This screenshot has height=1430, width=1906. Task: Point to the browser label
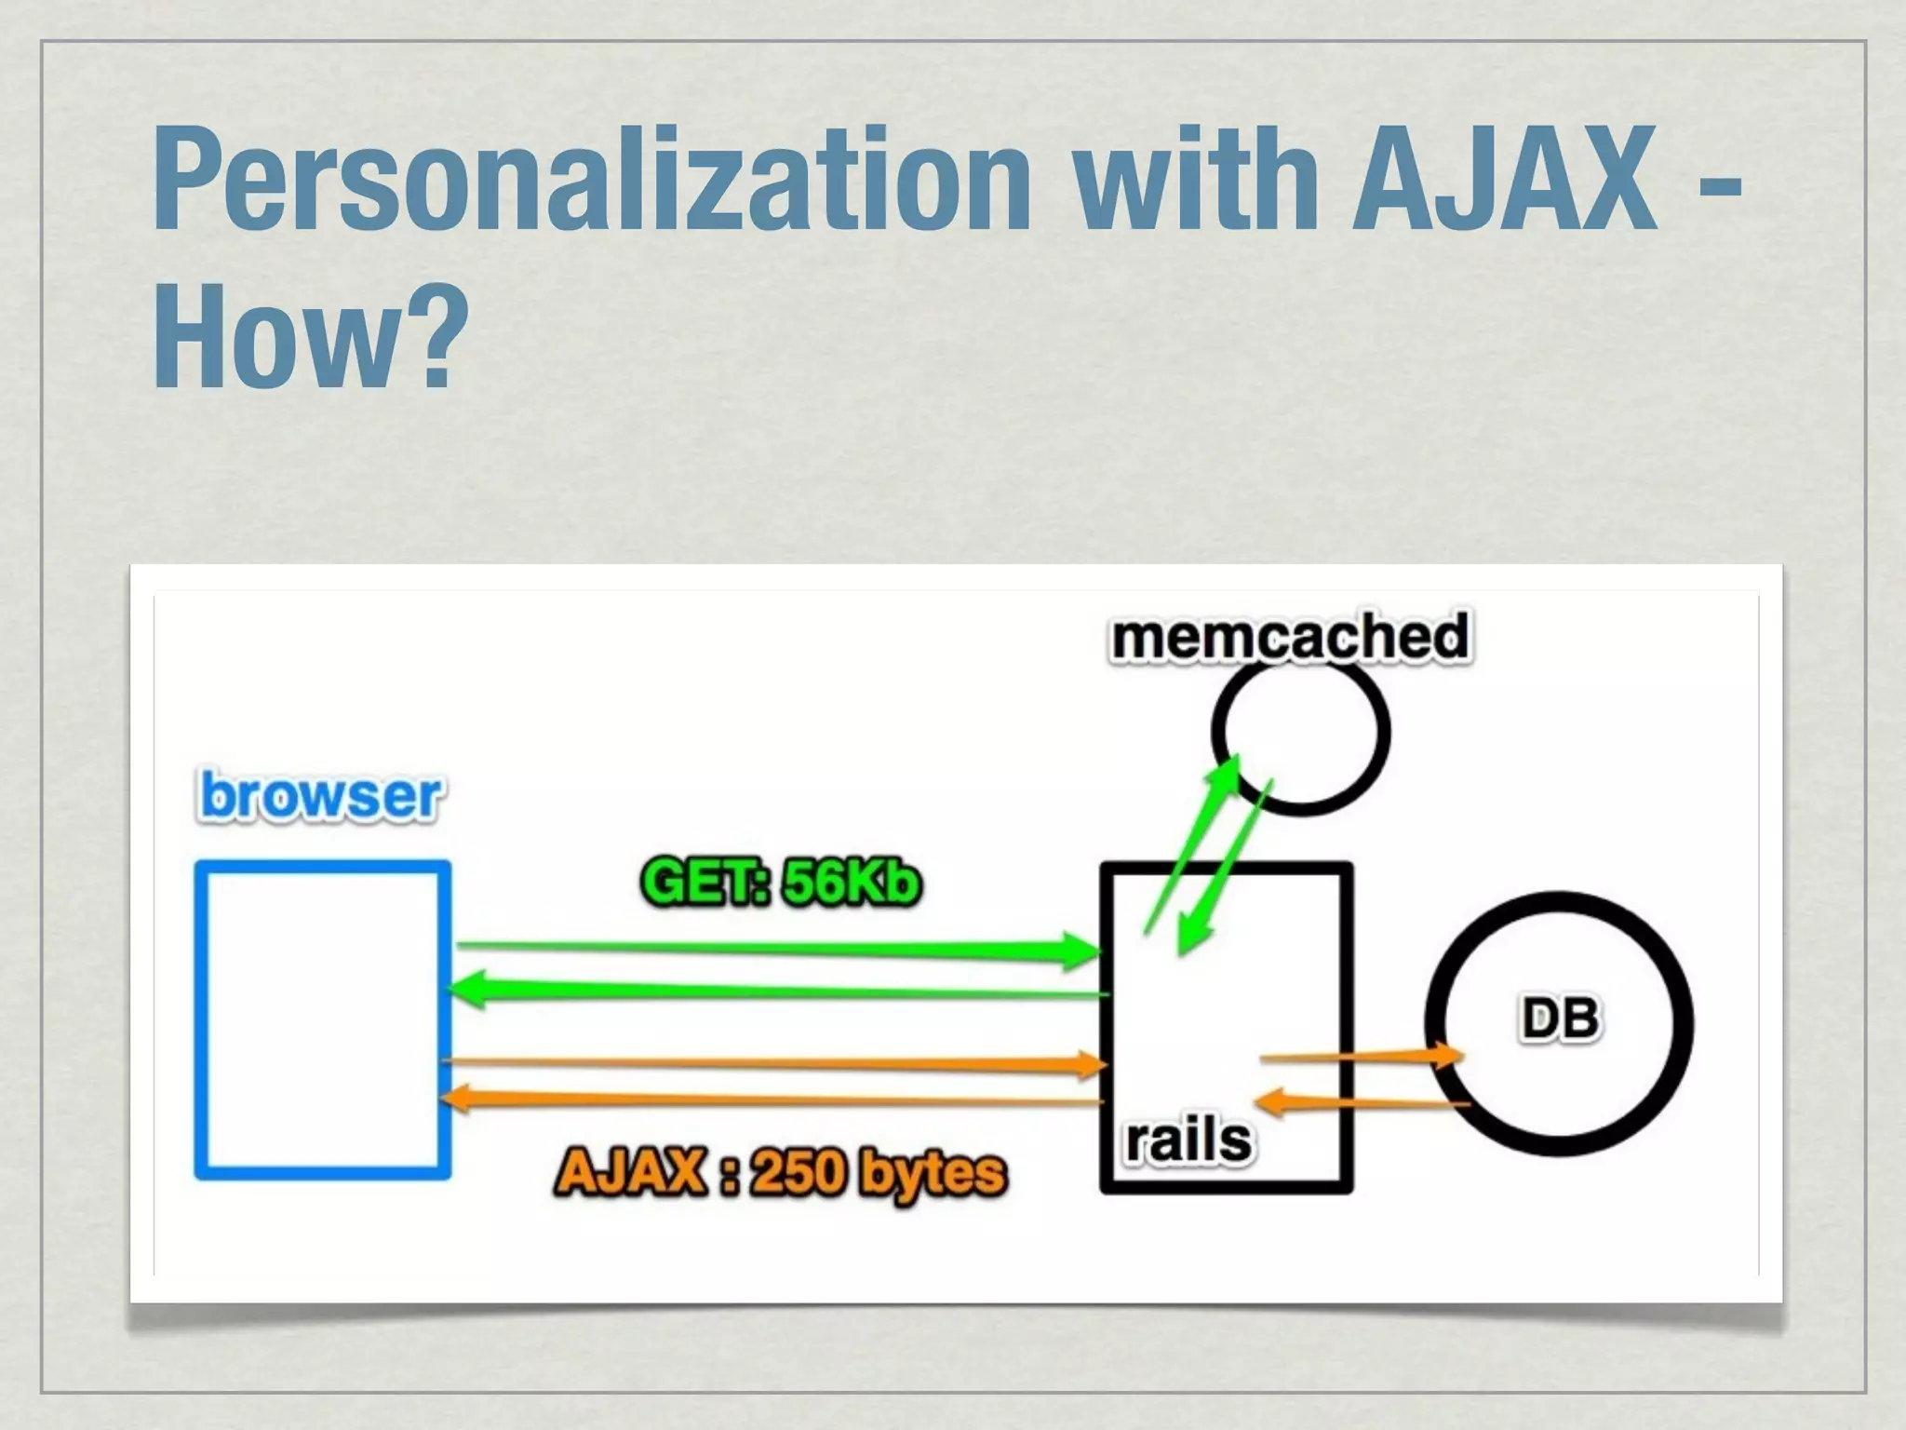321,797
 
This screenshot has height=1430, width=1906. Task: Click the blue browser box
323,1020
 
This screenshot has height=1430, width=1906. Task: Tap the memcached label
1291,637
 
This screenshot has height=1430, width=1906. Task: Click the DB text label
1560,1019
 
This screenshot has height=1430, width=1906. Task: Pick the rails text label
1188,1140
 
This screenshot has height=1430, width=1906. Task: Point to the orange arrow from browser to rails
772,1062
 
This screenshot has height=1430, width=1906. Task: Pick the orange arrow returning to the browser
772,1100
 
